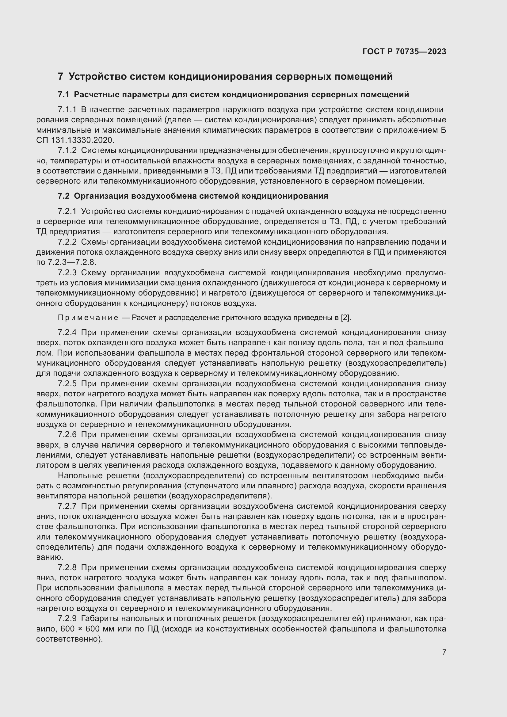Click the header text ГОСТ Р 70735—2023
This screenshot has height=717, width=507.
pos(404,52)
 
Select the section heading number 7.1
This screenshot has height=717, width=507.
pos(64,95)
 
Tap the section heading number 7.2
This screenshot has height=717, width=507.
pos(64,196)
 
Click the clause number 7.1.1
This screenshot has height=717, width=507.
pos(67,110)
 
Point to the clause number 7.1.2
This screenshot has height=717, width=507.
pos(67,151)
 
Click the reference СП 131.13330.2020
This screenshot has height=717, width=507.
pos(75,140)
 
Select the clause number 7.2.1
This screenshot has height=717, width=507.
pos(67,212)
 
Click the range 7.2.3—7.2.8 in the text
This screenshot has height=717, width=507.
pos(72,262)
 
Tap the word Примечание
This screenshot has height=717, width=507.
pos(88,318)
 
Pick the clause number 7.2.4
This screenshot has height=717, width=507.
pos(67,333)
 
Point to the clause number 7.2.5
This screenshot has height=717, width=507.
pos(67,383)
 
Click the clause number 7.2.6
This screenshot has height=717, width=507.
pos(67,435)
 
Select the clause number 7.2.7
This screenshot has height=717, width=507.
pos(67,506)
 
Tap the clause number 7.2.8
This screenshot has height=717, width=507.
pos(67,567)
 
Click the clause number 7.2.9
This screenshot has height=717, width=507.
pos(67,619)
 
